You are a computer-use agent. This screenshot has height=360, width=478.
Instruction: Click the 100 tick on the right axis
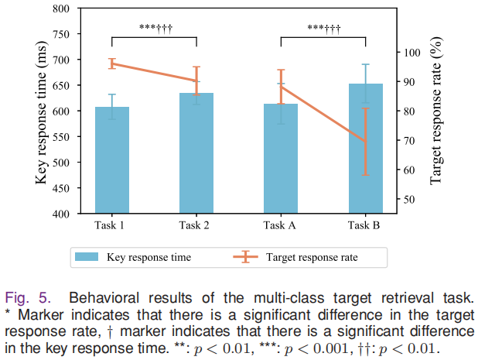click(x=410, y=53)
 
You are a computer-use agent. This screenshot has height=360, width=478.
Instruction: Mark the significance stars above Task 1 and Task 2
click(x=155, y=29)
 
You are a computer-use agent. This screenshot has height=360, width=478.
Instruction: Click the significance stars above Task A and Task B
click(x=323, y=29)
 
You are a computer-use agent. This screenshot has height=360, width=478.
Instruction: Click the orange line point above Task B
click(x=365, y=141)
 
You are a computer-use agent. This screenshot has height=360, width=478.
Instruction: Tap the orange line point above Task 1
click(x=112, y=63)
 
